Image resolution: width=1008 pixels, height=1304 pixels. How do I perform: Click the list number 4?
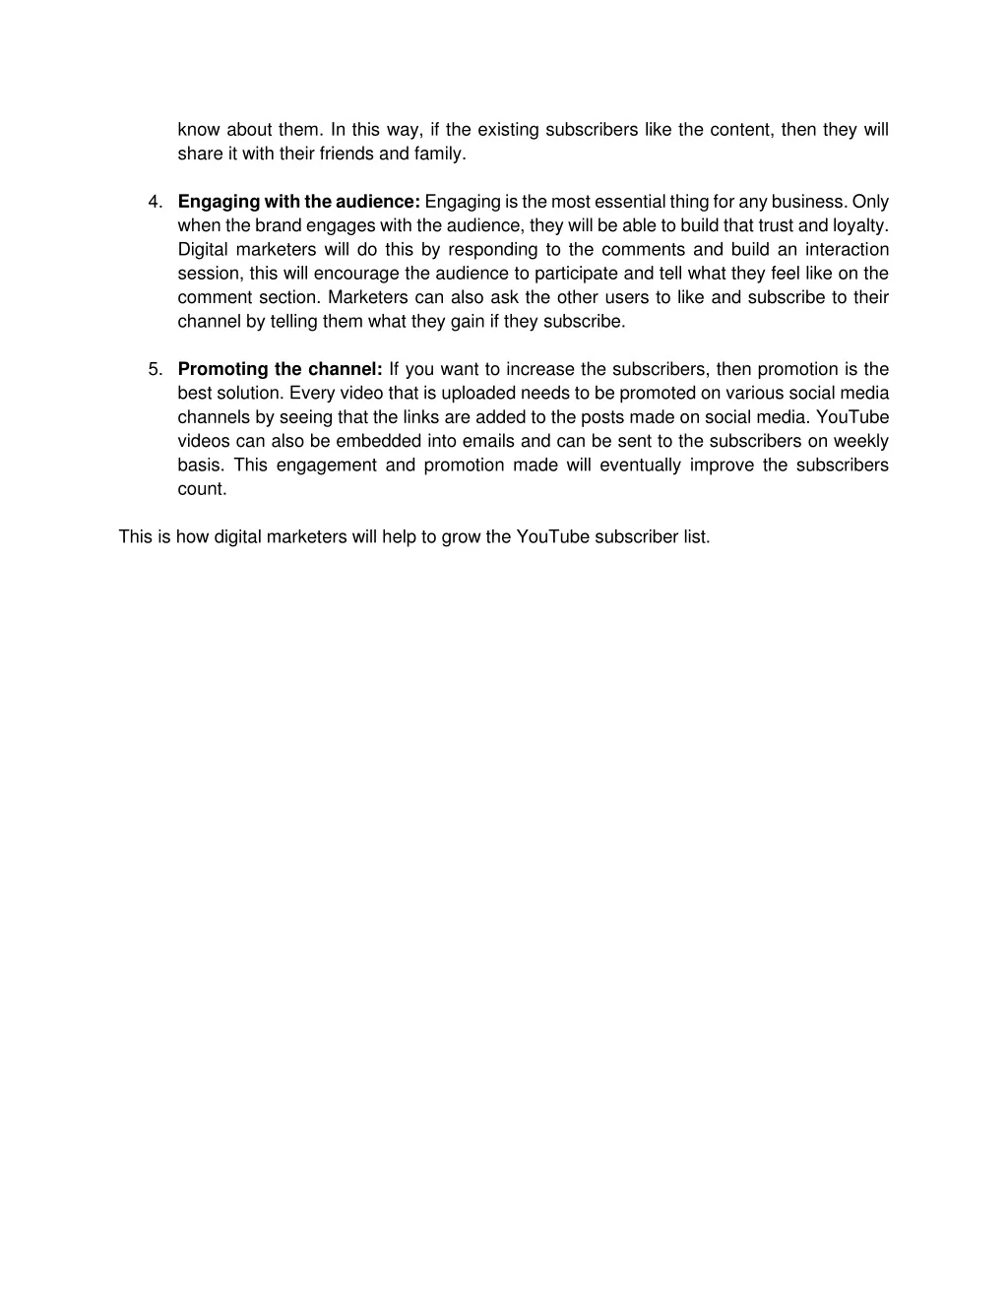point(155,203)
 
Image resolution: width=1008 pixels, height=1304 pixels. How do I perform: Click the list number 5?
point(155,370)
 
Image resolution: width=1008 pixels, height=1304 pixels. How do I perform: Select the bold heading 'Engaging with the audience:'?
point(299,203)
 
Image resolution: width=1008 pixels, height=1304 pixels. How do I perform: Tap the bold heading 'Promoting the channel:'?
point(281,370)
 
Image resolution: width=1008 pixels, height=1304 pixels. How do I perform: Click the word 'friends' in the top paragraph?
point(347,155)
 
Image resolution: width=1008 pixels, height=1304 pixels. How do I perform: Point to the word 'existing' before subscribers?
point(509,130)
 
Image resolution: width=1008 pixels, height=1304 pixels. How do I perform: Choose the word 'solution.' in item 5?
point(251,394)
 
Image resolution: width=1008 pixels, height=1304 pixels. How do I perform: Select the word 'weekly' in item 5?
point(861,442)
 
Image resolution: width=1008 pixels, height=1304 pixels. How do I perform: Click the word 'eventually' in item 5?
point(640,466)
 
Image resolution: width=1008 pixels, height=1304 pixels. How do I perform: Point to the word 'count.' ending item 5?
point(202,489)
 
